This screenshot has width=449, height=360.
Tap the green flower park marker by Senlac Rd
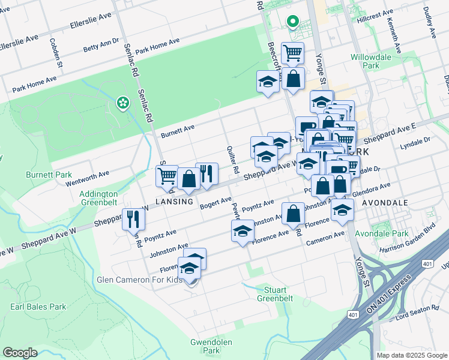[x=123, y=103]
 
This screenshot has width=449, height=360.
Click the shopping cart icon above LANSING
[x=167, y=175]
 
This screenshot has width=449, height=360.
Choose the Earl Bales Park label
[x=38, y=307]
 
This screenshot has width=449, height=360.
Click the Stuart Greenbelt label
[x=276, y=293]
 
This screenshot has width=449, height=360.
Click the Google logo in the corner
[x=20, y=353]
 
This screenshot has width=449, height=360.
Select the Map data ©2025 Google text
[x=412, y=355]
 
